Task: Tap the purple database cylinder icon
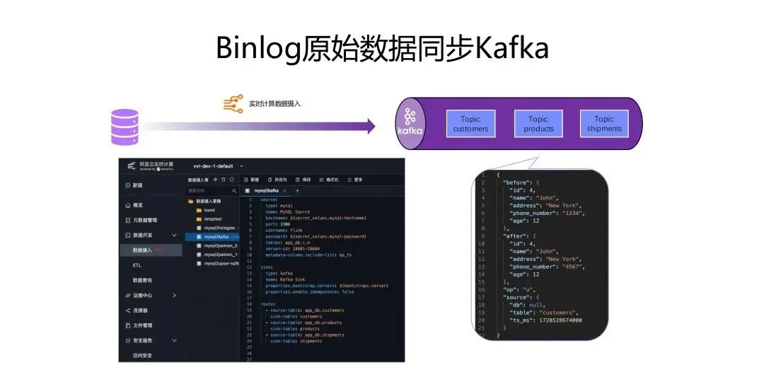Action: pyautogui.click(x=125, y=127)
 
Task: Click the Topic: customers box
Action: pyautogui.click(x=470, y=124)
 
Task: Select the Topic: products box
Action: pyautogui.click(x=538, y=124)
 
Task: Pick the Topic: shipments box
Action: pyautogui.click(x=604, y=124)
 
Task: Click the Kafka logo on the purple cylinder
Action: pyautogui.click(x=410, y=124)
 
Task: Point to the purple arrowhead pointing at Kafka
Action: pyautogui.click(x=369, y=127)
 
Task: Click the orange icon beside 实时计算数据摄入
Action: pyautogui.click(x=233, y=104)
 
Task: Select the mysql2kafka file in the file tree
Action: pyautogui.click(x=217, y=237)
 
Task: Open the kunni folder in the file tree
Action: pyautogui.click(x=209, y=210)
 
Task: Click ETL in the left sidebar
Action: pyautogui.click(x=137, y=265)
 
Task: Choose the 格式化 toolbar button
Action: pyautogui.click(x=328, y=180)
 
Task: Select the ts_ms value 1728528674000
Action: pyautogui.click(x=557, y=320)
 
